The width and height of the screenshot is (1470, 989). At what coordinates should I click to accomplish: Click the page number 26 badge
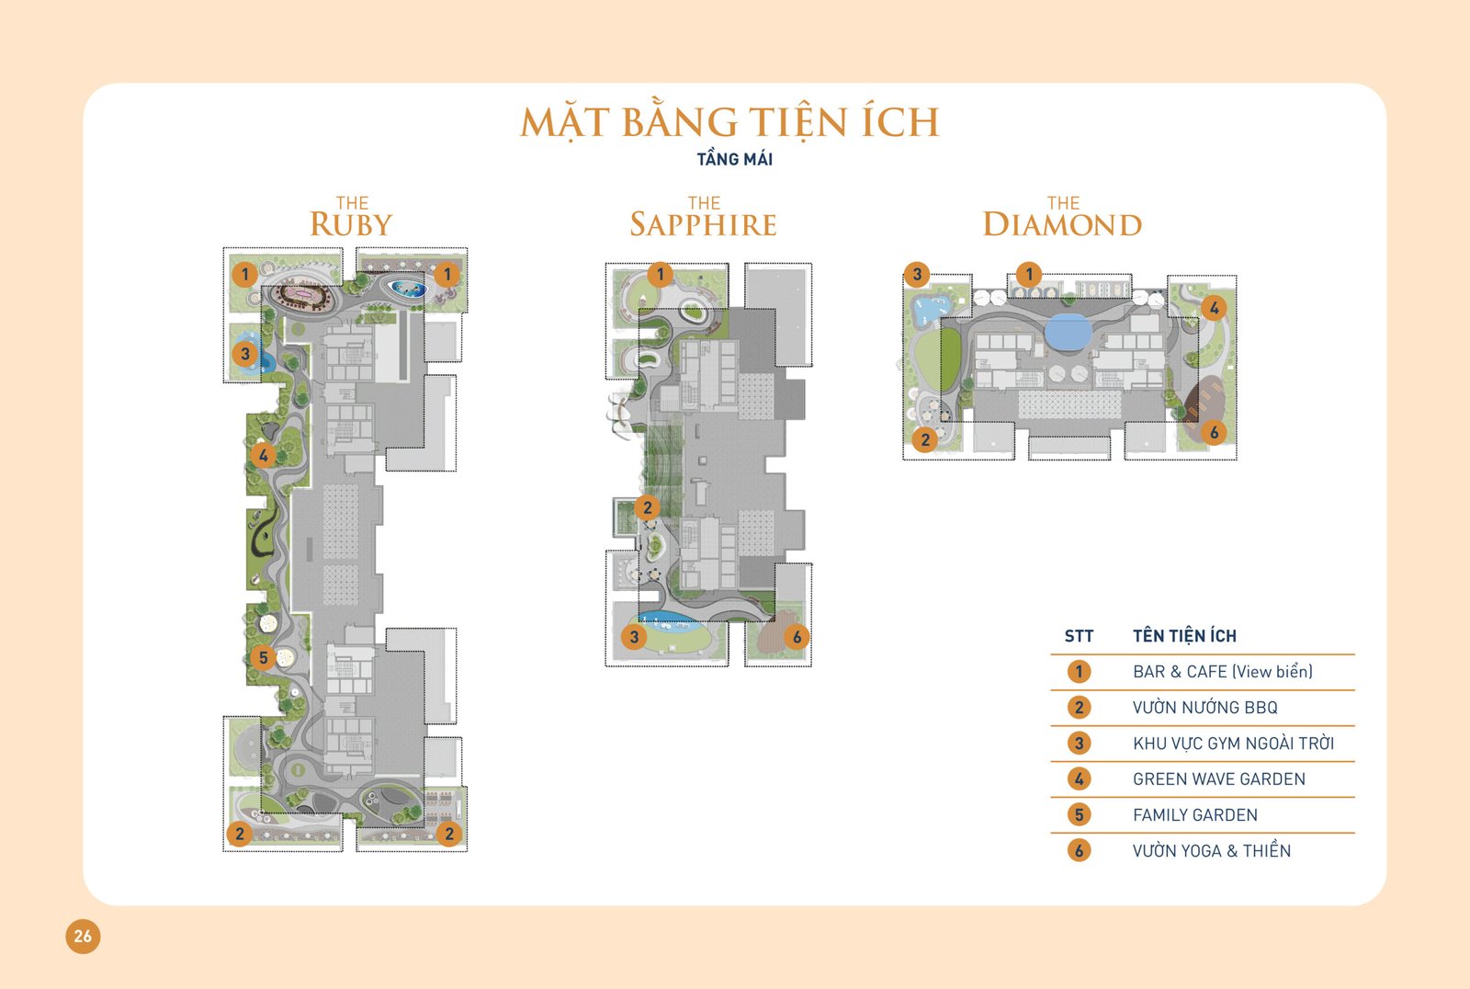coord(83,936)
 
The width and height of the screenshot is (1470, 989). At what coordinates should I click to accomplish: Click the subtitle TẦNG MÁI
coord(734,159)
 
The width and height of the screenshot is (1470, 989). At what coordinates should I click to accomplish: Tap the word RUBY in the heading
coord(351,224)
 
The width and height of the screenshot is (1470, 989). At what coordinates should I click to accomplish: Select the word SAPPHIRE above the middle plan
coord(704,224)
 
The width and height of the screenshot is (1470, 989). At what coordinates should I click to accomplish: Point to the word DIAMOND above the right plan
coord(1062,224)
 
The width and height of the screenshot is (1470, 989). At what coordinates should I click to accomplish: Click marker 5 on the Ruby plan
coord(263,656)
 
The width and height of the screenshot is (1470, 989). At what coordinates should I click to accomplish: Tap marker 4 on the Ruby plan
coord(263,455)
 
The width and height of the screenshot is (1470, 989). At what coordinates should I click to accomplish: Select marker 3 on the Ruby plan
coord(244,354)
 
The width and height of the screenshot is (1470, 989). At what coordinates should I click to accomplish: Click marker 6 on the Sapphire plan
coord(797,636)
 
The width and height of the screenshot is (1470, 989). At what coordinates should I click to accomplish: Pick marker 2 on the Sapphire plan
coord(647,507)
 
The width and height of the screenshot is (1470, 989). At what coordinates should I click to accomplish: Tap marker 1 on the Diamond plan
coord(1029,274)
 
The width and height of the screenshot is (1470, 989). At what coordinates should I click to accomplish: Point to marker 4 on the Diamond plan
coord(1214,307)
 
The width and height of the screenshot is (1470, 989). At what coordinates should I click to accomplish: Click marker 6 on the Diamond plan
coord(1214,432)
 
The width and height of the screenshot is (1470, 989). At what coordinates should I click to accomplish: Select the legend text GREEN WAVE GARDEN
coord(1218,779)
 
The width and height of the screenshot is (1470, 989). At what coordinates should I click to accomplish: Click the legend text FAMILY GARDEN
coord(1195,815)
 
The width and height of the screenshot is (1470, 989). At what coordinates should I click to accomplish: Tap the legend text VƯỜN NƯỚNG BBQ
coord(1204,707)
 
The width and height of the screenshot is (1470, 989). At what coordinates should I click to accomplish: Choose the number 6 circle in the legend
coord(1079,850)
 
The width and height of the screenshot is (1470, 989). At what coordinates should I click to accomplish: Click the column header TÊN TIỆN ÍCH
coord(1184,635)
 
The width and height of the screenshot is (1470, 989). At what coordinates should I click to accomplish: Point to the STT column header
coord(1079,636)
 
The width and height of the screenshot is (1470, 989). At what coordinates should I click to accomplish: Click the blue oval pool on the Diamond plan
coord(1069,332)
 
